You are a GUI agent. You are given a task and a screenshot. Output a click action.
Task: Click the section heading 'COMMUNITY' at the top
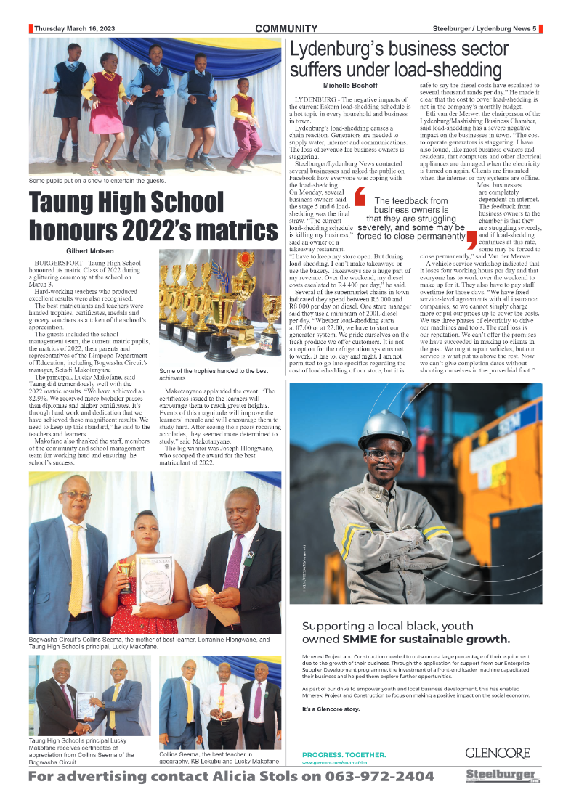[286, 29]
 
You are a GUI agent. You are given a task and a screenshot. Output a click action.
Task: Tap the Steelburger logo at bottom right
[502, 775]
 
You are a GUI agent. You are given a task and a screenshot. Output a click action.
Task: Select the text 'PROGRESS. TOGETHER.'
[344, 754]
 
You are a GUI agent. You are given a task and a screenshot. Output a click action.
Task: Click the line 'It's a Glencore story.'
[331, 709]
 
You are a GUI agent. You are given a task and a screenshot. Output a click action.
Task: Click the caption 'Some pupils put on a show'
[97, 180]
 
